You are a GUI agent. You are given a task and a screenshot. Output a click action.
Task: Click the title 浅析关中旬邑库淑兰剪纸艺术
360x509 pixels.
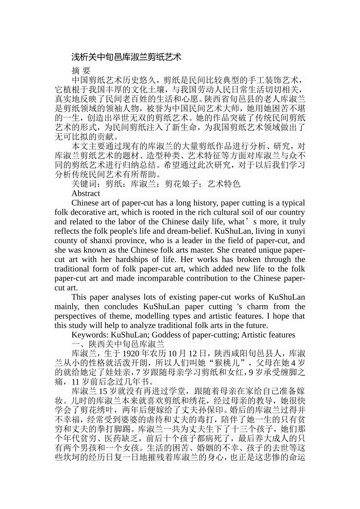tap(127, 57)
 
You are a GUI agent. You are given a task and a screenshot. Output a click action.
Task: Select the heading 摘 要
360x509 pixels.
tap(81, 70)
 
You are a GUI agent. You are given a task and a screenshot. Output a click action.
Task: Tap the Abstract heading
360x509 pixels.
tap(86, 193)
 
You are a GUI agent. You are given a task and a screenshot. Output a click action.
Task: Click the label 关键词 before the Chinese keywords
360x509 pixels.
tap(84, 184)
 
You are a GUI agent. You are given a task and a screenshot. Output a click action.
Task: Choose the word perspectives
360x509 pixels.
tap(76, 316)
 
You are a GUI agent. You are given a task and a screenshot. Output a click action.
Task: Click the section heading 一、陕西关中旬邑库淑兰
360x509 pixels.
tap(117, 344)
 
